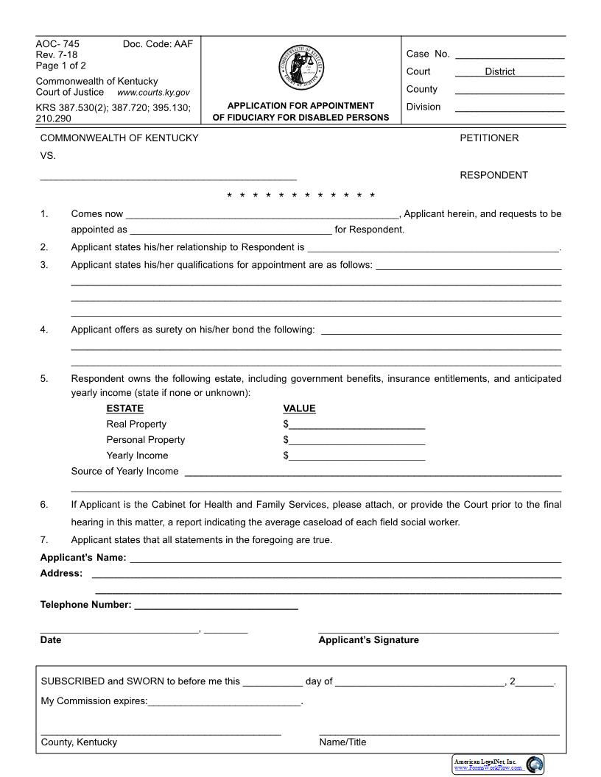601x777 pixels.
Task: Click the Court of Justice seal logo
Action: coord(300,68)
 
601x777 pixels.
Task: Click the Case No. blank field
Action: coord(510,54)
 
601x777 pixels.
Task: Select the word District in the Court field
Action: coord(500,71)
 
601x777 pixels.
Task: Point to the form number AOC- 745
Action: coord(58,44)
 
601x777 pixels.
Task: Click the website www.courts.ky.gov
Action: coord(153,93)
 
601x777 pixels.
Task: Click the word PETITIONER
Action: coord(489,138)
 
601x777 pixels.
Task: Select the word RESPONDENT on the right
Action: coord(493,175)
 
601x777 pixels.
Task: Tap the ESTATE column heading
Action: coord(125,408)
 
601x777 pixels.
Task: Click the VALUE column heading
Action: coord(299,408)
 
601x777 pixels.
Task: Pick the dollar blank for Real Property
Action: coord(356,425)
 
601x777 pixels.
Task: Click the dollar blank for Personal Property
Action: coord(356,441)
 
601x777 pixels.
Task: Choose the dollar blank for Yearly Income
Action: coord(356,456)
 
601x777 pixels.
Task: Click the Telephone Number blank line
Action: coord(217,606)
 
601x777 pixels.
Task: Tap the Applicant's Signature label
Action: coord(368,640)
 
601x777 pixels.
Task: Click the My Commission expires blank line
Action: coord(225,702)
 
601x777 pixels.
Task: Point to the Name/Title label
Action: coord(342,742)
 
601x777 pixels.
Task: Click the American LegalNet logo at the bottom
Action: coord(498,764)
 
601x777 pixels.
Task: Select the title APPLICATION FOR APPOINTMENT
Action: coord(300,106)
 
